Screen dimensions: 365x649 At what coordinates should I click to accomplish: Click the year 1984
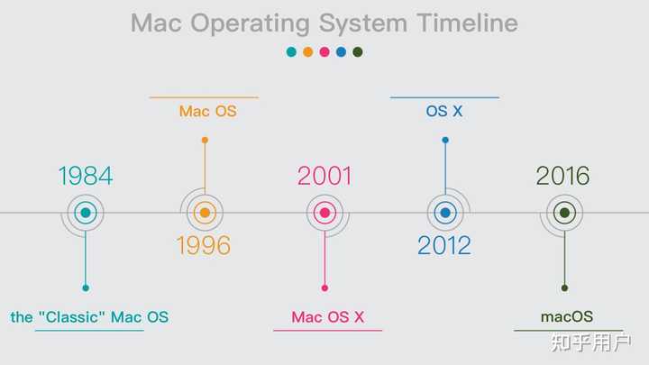pos(86,176)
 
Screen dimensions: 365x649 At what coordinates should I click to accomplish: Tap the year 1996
pos(204,245)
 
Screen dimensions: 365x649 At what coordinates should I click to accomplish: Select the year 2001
pos(324,176)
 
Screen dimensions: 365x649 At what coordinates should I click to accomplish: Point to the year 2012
pos(443,245)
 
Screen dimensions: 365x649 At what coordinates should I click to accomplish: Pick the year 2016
pos(562,176)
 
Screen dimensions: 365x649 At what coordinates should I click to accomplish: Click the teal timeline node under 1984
pos(86,214)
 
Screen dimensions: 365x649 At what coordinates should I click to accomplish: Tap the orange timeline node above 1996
pos(205,214)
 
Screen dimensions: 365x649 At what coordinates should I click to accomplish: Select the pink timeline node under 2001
pos(324,214)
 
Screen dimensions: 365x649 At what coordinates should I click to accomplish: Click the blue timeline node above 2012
pos(444,214)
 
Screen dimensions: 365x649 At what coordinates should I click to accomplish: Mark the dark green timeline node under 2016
pos(564,214)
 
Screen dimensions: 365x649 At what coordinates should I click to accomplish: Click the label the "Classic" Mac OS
pos(89,317)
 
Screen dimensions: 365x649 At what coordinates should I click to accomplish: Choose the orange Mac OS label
pos(207,112)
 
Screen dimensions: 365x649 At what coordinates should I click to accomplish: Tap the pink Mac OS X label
pos(327,317)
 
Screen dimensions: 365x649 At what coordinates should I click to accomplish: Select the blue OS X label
pos(444,112)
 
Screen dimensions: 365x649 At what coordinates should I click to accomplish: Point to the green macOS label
pos(567,317)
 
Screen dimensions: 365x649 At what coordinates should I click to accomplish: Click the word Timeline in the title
pos(467,23)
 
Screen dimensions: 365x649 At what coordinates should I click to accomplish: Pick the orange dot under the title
pos(307,52)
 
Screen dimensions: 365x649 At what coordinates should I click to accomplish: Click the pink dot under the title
pos(324,52)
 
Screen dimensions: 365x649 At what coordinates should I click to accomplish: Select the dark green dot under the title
pos(358,52)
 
